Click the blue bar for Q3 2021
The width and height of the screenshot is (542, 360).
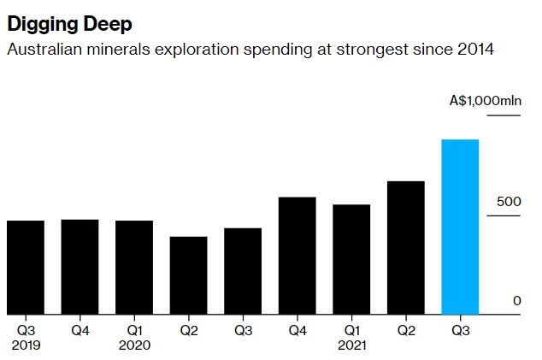[460, 227]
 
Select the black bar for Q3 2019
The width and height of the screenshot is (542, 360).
[26, 267]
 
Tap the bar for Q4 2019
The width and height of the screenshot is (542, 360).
[80, 266]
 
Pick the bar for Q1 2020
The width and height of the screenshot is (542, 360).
[134, 267]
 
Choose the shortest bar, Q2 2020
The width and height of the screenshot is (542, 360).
[188, 274]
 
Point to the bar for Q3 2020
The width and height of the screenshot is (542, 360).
[243, 270]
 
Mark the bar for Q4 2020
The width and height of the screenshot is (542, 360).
[297, 255]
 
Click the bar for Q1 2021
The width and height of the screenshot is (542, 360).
[351, 259]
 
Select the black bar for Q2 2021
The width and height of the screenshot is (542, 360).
[406, 247]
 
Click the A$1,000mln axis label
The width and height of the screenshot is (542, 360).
[485, 100]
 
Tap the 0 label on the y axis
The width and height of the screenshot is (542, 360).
[516, 300]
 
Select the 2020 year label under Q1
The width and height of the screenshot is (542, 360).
[134, 345]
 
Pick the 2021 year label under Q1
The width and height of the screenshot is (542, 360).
[351, 345]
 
